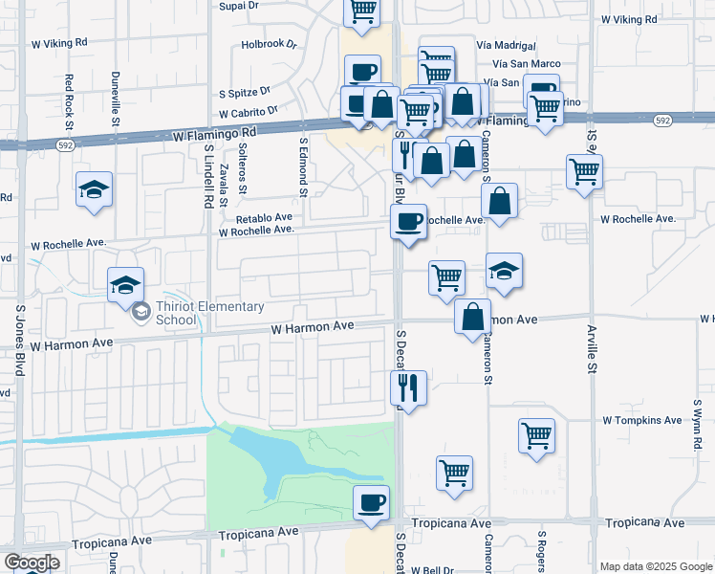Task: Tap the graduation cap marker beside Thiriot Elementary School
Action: tap(125, 285)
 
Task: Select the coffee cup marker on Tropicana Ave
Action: tap(371, 502)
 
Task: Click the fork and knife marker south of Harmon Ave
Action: tap(408, 388)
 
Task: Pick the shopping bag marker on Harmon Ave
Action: tap(473, 318)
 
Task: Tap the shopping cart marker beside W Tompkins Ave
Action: tap(537, 436)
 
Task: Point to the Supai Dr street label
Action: tap(239, 7)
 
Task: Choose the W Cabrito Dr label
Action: tap(246, 112)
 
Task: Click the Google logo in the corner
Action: tap(31, 563)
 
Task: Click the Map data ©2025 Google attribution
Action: tap(655, 566)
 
